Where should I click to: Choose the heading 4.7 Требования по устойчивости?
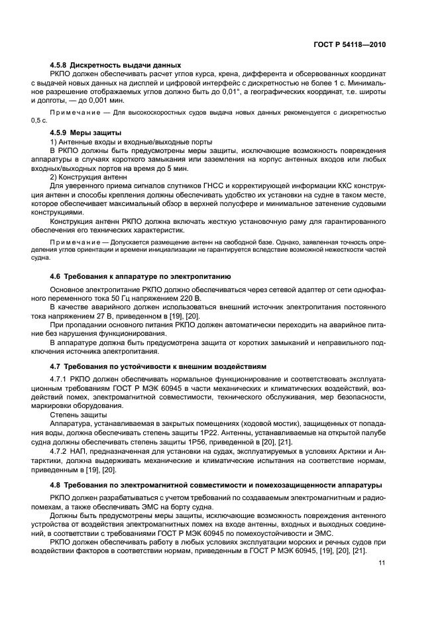pos(158,366)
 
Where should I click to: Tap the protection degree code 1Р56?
pos(190,440)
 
